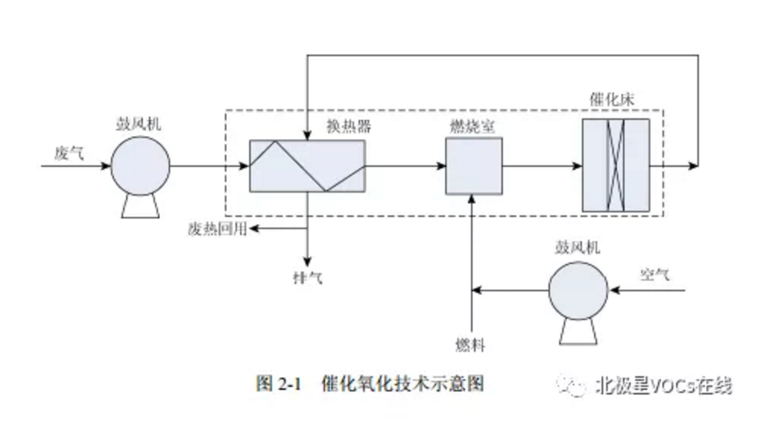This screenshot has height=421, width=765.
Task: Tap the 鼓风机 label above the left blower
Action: [139, 121]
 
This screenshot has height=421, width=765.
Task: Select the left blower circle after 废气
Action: [141, 167]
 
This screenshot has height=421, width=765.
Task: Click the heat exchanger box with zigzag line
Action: [307, 166]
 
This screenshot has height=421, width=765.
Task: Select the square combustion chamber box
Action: [473, 166]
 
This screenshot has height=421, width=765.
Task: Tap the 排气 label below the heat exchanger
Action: [307, 278]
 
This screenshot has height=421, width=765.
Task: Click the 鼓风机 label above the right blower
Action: [578, 247]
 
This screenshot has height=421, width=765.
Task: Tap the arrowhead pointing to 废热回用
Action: [254, 228]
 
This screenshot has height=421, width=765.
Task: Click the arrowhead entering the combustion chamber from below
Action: [472, 199]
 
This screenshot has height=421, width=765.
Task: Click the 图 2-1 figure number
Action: [280, 383]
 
